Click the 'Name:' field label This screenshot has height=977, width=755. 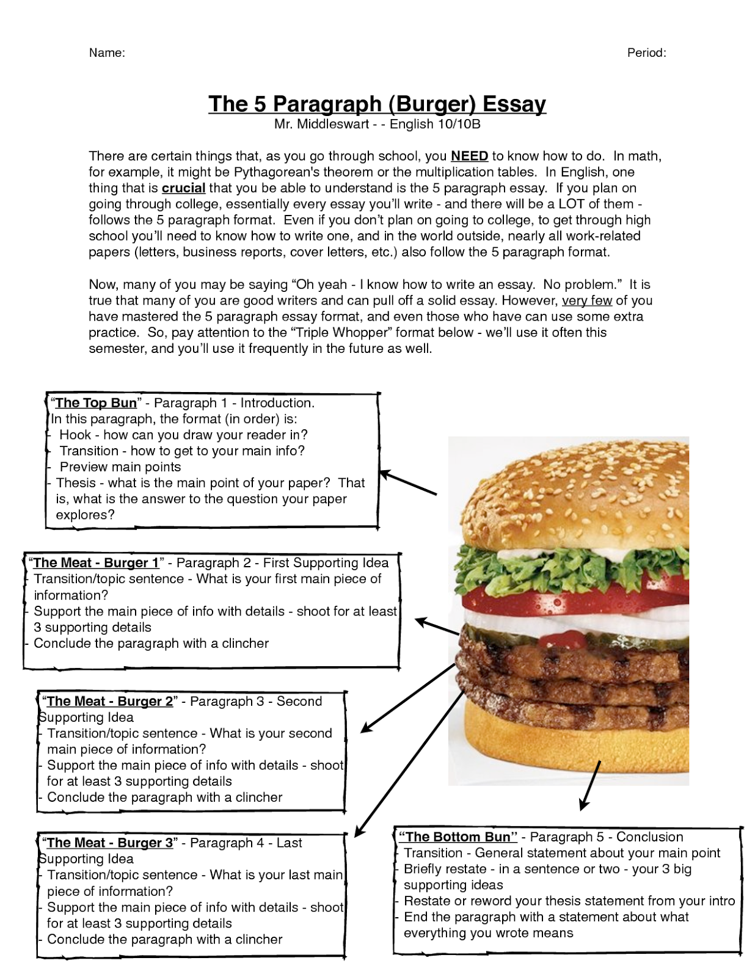[x=107, y=53]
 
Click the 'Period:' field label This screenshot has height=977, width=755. [x=646, y=53]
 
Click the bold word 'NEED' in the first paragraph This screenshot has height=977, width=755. [x=469, y=156]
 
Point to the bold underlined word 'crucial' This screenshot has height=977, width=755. [x=183, y=188]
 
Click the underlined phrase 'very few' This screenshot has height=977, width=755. [x=586, y=300]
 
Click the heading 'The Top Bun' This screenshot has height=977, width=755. [x=96, y=403]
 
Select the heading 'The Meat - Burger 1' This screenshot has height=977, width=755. [x=96, y=563]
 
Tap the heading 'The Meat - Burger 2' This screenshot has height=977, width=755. [x=110, y=702]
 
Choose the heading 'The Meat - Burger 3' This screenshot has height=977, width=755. [x=110, y=843]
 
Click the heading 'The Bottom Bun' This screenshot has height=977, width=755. [x=458, y=837]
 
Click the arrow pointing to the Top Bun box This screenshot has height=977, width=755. [x=408, y=482]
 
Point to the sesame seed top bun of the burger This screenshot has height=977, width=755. [x=574, y=488]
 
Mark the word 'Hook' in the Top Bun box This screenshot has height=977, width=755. [x=75, y=435]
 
